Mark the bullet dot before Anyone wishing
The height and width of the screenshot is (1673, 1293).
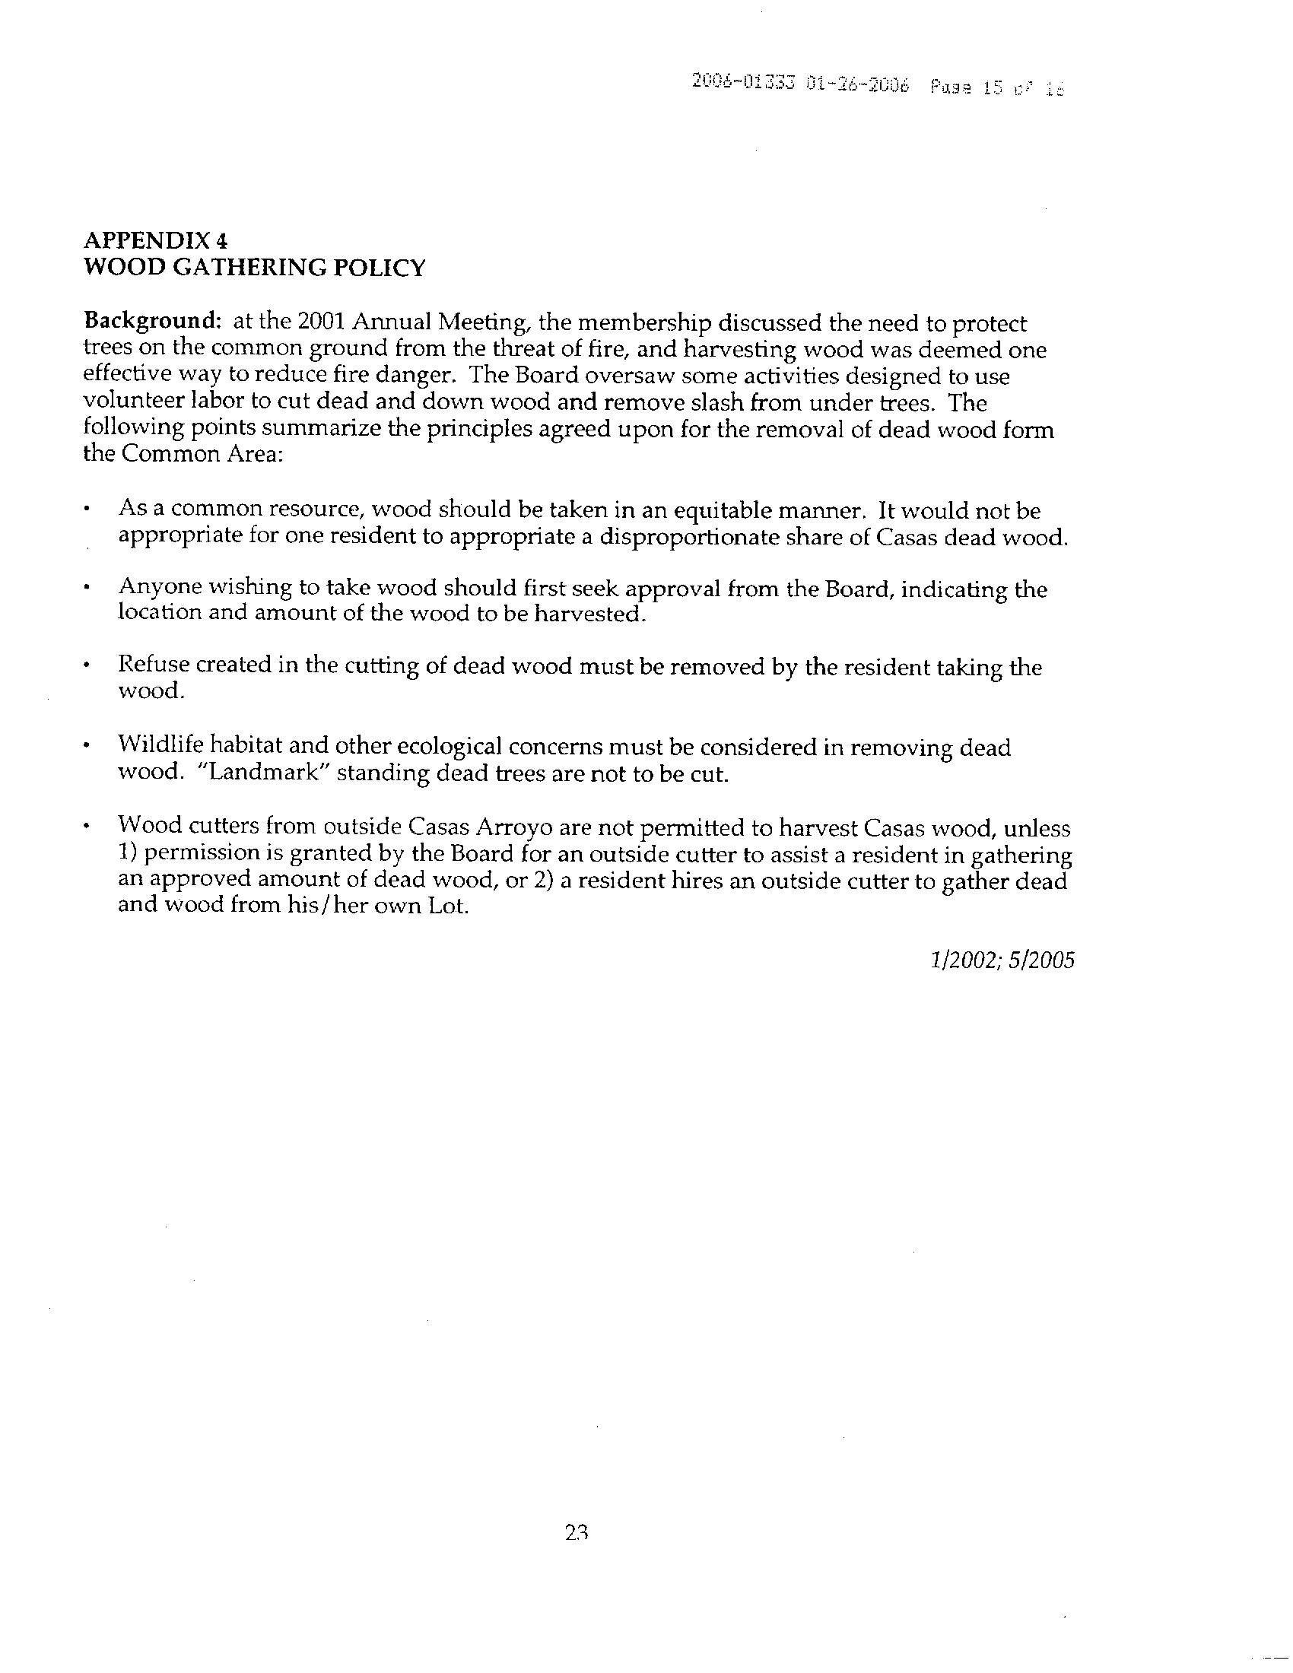point(90,589)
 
